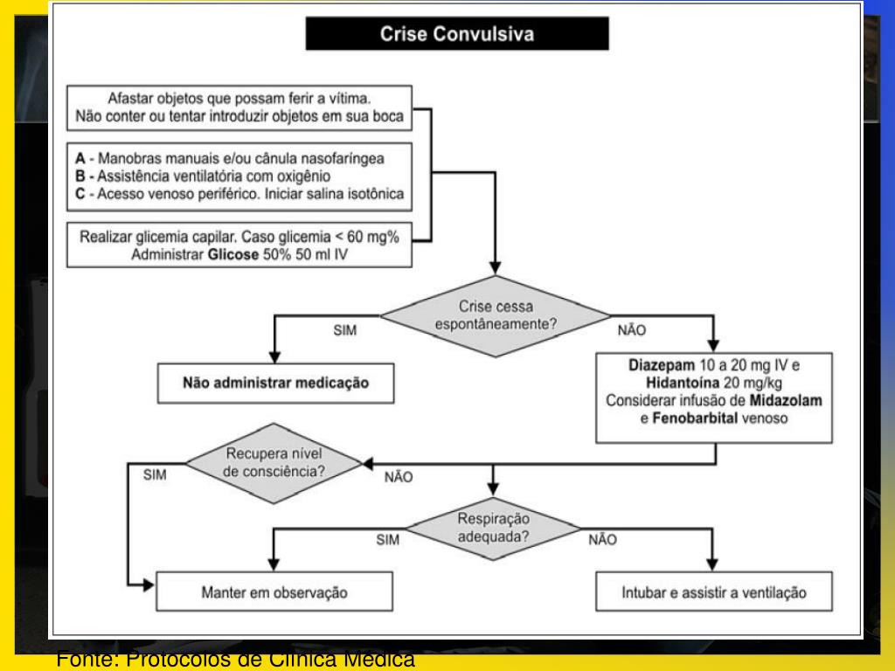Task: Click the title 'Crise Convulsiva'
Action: pos(456,34)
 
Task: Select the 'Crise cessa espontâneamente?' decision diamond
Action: pos(496,315)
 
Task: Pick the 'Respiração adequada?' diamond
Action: pos(494,527)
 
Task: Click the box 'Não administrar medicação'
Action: pos(276,383)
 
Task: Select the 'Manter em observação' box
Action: pos(274,593)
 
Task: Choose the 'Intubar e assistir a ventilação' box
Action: pos(713,593)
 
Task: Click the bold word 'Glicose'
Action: pos(231,253)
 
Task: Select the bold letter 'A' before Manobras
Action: pos(80,159)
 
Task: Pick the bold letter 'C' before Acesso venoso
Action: pos(80,194)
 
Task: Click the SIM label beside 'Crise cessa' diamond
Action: pos(344,332)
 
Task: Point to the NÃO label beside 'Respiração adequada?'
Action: pos(602,540)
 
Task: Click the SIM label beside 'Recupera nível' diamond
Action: pos(154,475)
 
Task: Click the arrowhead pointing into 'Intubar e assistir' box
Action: pos(713,566)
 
